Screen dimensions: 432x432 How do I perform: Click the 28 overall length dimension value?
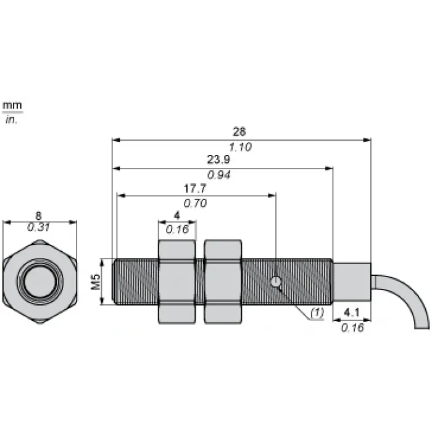point(239,131)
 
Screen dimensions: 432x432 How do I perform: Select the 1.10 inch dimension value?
point(240,147)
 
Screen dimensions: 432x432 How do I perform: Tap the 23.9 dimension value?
point(218,159)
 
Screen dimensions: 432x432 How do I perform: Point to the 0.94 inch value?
point(218,175)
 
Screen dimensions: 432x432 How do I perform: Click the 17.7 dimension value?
point(195,188)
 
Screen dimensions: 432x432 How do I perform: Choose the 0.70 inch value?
point(195,203)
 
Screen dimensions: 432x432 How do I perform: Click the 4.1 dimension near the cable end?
point(352,312)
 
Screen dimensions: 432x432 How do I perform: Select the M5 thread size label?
point(96,282)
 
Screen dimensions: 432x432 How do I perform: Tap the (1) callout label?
point(317,312)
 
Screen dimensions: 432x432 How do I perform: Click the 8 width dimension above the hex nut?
point(38,215)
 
